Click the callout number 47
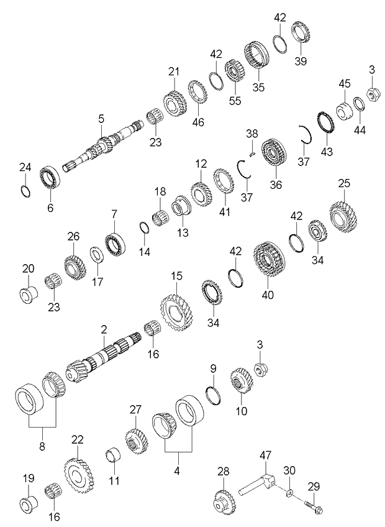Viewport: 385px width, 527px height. tap(266, 456)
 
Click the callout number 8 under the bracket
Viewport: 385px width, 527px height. tap(42, 446)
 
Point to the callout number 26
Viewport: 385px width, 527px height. tap(73, 236)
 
